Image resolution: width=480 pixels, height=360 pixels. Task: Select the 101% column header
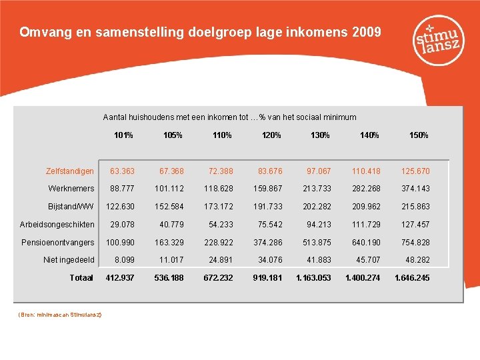(123, 135)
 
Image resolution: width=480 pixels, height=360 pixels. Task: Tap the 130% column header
(320, 135)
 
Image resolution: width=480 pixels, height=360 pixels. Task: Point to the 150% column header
(419, 135)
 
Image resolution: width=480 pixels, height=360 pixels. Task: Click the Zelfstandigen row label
(70, 171)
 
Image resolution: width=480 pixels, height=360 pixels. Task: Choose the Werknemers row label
(71, 189)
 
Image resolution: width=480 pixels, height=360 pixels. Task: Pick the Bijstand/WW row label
(71, 207)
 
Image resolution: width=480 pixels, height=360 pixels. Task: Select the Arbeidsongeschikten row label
(58, 225)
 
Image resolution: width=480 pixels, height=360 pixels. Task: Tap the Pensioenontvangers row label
(58, 242)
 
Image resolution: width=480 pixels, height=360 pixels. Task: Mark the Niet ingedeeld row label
(69, 260)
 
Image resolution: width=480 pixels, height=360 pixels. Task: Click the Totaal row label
(81, 277)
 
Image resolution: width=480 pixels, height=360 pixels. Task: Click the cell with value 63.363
(122, 171)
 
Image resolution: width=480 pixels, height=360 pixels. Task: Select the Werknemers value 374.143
(415, 189)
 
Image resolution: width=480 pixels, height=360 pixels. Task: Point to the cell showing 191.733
(267, 207)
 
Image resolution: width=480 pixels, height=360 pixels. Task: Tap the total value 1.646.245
(412, 277)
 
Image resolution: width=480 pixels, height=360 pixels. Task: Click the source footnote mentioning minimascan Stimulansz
(58, 313)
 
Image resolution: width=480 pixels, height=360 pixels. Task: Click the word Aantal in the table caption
(115, 117)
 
